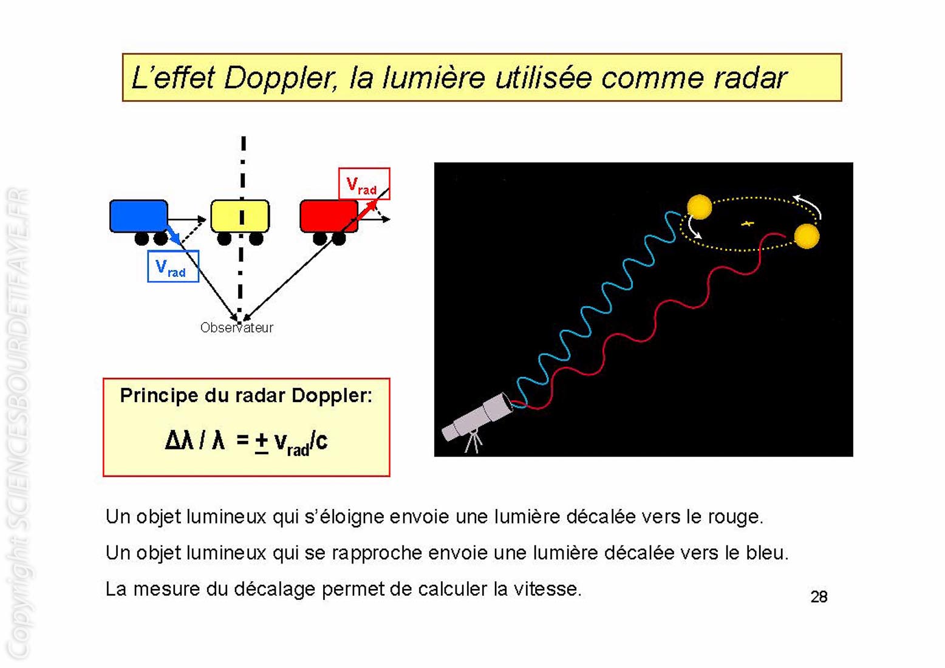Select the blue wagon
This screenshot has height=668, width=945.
[x=139, y=216]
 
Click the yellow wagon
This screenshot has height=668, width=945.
[x=240, y=216]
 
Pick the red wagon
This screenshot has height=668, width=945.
[x=329, y=216]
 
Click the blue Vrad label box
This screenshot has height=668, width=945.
[x=173, y=266]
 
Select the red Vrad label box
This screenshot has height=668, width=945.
[x=364, y=184]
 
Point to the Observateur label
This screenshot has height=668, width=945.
[x=237, y=328]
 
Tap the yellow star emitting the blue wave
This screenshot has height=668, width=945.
[x=700, y=206]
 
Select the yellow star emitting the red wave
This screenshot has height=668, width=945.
[x=807, y=236]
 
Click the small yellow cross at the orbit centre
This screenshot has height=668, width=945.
[x=748, y=223]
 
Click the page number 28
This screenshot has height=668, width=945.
[x=819, y=597]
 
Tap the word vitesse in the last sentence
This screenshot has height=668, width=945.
[x=547, y=589]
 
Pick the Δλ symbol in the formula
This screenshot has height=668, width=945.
[x=179, y=441]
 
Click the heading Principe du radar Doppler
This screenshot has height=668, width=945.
[x=247, y=396]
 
